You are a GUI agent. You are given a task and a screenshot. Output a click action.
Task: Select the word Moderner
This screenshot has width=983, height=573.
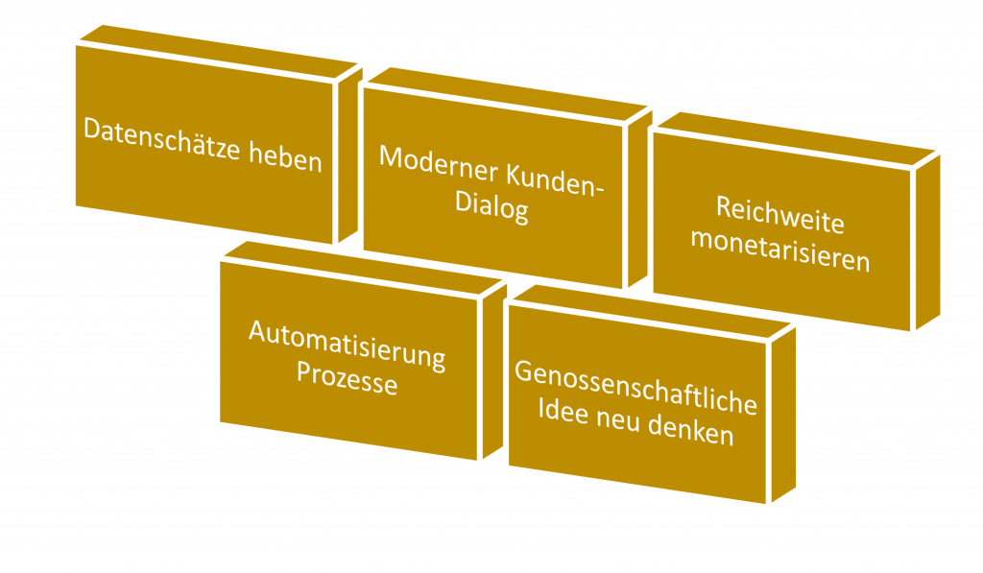(438, 165)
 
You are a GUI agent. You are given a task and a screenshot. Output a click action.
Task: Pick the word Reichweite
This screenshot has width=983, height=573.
(779, 215)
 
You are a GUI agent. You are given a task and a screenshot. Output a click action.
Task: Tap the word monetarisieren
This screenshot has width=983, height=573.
(779, 251)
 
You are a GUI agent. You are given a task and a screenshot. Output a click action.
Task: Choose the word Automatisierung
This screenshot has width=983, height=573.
(347, 346)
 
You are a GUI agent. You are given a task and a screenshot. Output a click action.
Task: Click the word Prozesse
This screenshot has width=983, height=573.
(347, 377)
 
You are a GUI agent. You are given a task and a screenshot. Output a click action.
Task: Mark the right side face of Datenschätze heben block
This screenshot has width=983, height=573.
(349, 155)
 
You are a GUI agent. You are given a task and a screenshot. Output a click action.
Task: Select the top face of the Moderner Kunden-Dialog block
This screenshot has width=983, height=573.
(507, 94)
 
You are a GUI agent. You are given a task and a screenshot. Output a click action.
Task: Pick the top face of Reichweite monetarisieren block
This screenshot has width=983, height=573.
(796, 139)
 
